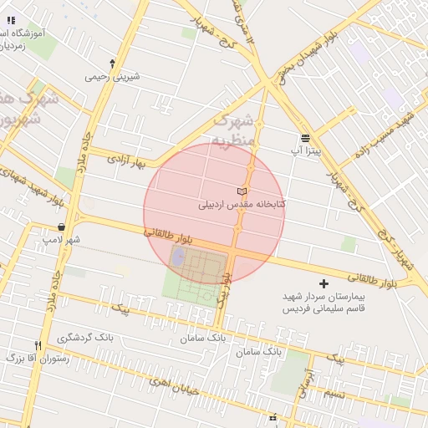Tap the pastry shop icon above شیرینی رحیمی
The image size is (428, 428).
(x=113, y=63)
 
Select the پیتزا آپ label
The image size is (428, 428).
(x=305, y=151)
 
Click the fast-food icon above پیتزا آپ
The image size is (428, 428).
(x=305, y=138)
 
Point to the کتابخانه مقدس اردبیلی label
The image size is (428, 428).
(x=242, y=204)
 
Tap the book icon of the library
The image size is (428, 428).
(x=242, y=191)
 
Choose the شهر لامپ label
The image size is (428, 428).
(x=62, y=240)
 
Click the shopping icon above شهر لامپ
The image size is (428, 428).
(x=63, y=227)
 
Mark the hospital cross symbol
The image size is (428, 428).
(x=324, y=284)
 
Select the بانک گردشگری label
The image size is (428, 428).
(x=85, y=339)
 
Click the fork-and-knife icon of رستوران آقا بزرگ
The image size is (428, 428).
(x=38, y=344)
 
